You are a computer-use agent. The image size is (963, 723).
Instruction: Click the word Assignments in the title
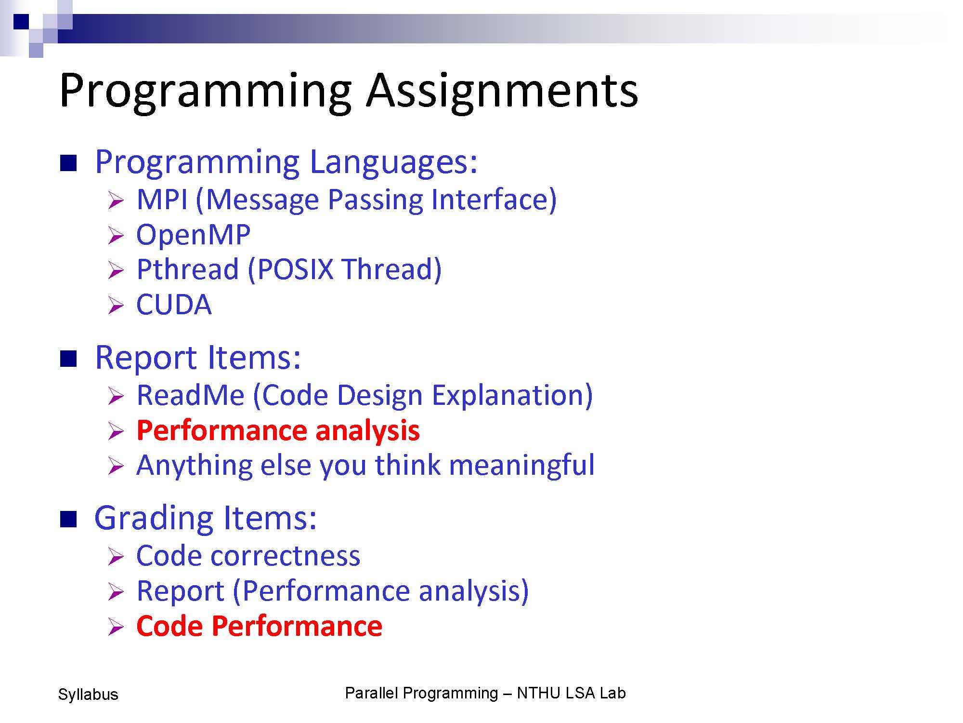tap(502, 92)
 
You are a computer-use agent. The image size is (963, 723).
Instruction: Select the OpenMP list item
tap(193, 236)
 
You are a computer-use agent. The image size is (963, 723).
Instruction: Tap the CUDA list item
tap(174, 305)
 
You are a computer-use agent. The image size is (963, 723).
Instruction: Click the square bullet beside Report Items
tap(68, 359)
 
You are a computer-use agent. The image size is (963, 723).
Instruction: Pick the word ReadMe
tap(191, 395)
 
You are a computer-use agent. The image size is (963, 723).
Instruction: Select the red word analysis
tap(367, 430)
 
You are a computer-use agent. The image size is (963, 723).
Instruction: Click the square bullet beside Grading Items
tap(68, 520)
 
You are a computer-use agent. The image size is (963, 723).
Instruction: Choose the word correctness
tap(285, 556)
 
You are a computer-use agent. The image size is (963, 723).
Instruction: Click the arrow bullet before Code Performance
tap(116, 628)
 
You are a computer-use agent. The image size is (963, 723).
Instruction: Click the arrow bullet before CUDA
tap(116, 306)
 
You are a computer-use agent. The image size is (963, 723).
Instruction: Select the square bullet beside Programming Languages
tap(68, 163)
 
